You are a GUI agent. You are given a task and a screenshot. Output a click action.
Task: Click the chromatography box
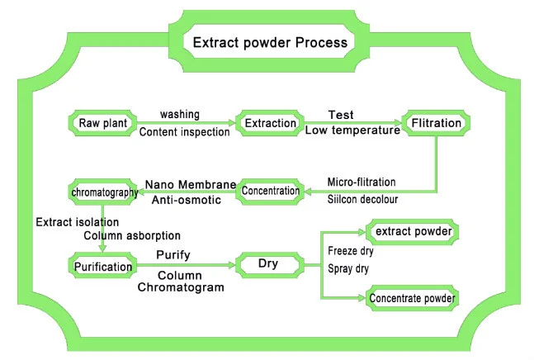[x=103, y=192]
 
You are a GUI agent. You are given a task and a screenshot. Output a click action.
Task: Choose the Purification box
[x=102, y=267]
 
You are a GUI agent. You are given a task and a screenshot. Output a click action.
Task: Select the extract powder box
[x=413, y=232]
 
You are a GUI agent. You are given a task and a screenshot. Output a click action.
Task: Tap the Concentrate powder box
[x=413, y=296]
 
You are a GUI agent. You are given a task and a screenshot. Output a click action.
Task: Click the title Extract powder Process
[x=269, y=43]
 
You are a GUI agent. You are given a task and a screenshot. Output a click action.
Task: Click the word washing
[x=180, y=114]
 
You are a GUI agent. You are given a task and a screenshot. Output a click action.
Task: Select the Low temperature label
[x=352, y=131]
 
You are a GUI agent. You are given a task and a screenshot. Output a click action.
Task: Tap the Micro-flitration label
[x=361, y=181]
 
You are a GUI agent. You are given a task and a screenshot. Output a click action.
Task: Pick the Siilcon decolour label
[x=361, y=199]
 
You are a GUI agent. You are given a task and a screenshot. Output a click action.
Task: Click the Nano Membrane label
[x=190, y=182]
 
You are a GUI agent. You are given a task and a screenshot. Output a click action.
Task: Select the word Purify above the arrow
[x=175, y=256]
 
